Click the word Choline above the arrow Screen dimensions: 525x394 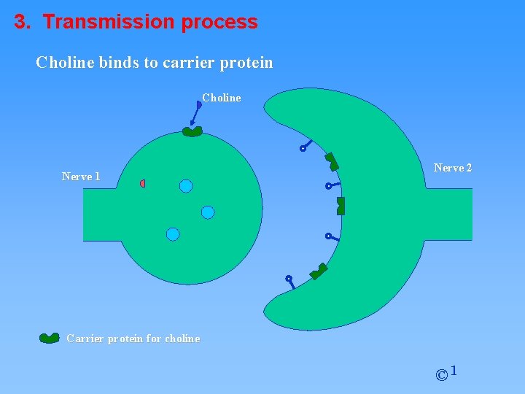tap(221, 98)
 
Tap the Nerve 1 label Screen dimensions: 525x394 tap(81, 177)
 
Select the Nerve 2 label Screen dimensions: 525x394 tap(452, 168)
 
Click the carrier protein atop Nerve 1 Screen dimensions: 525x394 tap(192, 132)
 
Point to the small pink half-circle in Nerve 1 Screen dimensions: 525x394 tap(143, 183)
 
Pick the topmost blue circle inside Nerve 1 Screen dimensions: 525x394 tap(186, 186)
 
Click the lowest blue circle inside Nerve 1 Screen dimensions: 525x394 tap(173, 234)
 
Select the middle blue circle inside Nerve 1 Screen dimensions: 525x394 tap(208, 212)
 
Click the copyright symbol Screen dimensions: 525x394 tap(441, 376)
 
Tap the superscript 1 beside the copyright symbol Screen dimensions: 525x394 tap(454, 371)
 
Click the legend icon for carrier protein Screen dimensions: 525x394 tap(50, 338)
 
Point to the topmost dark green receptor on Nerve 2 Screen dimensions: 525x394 tap(332, 161)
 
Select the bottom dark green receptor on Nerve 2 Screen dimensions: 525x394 tap(319, 271)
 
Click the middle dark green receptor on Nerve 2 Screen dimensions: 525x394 tap(341, 206)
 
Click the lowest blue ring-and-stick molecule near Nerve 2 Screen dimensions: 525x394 tap(290, 281)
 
